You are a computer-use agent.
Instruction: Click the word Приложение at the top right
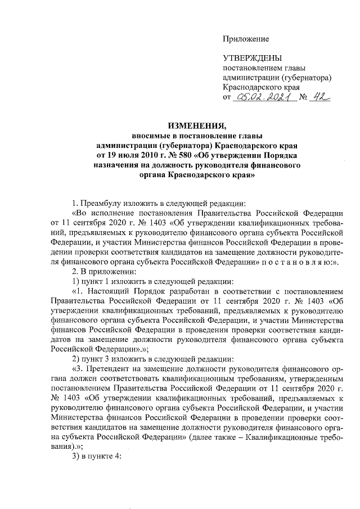246,39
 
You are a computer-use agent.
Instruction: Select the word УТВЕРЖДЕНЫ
253,58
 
